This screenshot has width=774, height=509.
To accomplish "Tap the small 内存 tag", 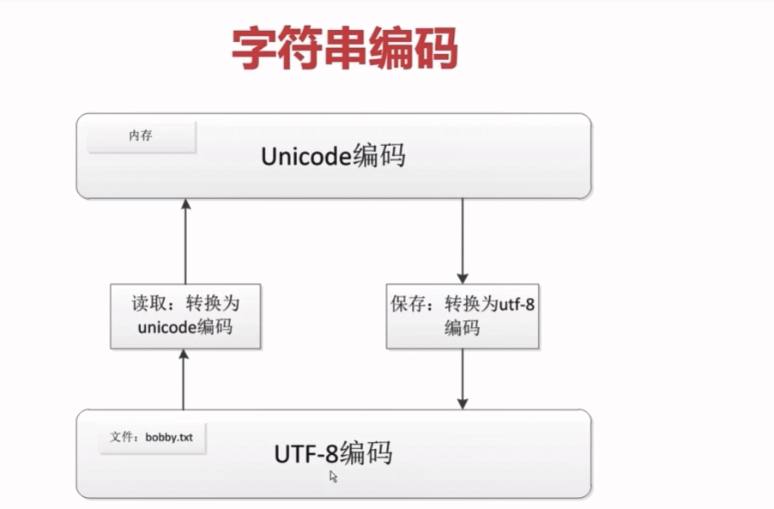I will coord(142,136).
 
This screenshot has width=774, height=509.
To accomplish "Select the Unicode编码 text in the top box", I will coord(333,157).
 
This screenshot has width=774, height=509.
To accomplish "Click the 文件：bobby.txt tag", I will coord(152,437).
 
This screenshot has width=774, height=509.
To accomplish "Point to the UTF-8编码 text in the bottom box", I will coord(333,452).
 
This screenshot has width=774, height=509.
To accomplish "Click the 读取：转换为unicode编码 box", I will coord(185,317).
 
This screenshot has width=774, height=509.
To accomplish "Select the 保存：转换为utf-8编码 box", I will coord(462,317).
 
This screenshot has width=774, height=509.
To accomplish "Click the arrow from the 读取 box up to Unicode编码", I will coord(185,243).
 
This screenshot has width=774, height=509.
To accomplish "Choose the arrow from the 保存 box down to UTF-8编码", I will coord(463,379).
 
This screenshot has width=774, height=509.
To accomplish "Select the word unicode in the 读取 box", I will coord(162,328).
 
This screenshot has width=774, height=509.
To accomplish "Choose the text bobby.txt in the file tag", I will coord(169,437).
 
